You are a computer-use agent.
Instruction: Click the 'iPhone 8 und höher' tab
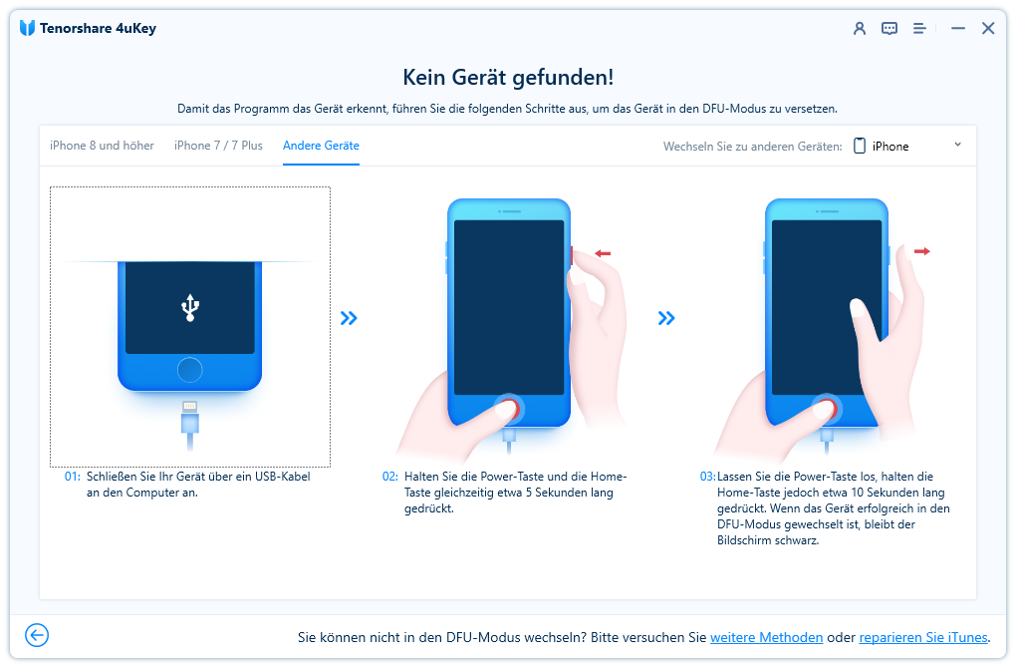click(x=102, y=146)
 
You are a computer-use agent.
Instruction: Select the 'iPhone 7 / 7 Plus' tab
click(x=218, y=146)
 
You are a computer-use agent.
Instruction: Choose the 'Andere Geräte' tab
click(x=321, y=146)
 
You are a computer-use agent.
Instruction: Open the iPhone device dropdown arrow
click(x=957, y=145)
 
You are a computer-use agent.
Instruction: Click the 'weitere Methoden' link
click(x=767, y=637)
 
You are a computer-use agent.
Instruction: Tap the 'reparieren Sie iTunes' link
click(x=923, y=637)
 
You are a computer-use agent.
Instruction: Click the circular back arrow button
click(x=37, y=635)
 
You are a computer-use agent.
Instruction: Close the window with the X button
click(x=988, y=28)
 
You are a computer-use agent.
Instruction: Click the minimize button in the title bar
click(x=958, y=29)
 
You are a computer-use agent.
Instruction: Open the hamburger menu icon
click(x=919, y=28)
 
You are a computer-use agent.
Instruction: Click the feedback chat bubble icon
click(x=889, y=28)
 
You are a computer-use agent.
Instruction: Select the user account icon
click(x=860, y=28)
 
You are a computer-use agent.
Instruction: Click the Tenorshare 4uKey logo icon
click(x=27, y=28)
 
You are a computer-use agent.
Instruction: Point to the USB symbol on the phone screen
click(x=190, y=307)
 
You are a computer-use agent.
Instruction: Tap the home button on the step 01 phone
click(x=190, y=370)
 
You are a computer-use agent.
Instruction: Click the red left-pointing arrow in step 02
click(x=603, y=253)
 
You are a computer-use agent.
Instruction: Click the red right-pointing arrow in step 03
click(x=922, y=251)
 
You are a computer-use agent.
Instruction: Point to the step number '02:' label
click(x=390, y=476)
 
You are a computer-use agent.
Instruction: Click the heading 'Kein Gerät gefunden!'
click(x=508, y=77)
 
